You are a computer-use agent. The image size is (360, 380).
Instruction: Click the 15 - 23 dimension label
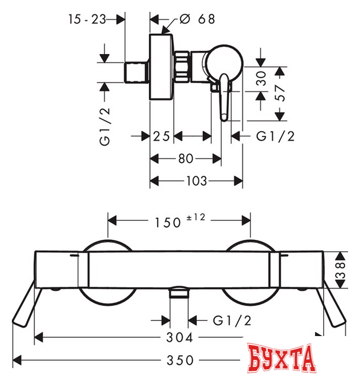(x=87, y=19)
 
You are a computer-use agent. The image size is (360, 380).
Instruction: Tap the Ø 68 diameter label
(x=197, y=19)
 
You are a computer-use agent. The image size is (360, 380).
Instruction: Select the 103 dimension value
(x=196, y=180)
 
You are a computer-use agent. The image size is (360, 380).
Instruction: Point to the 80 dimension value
(x=186, y=159)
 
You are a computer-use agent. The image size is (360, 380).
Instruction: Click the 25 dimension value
(x=161, y=136)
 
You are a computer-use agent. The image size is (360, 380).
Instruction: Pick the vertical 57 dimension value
(x=280, y=93)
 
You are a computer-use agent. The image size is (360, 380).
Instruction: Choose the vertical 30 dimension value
(x=261, y=78)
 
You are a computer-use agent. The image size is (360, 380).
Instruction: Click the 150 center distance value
(x=168, y=223)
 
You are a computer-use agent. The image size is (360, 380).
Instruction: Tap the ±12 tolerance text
(x=196, y=217)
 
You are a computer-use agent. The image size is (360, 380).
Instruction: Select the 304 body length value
(x=179, y=337)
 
